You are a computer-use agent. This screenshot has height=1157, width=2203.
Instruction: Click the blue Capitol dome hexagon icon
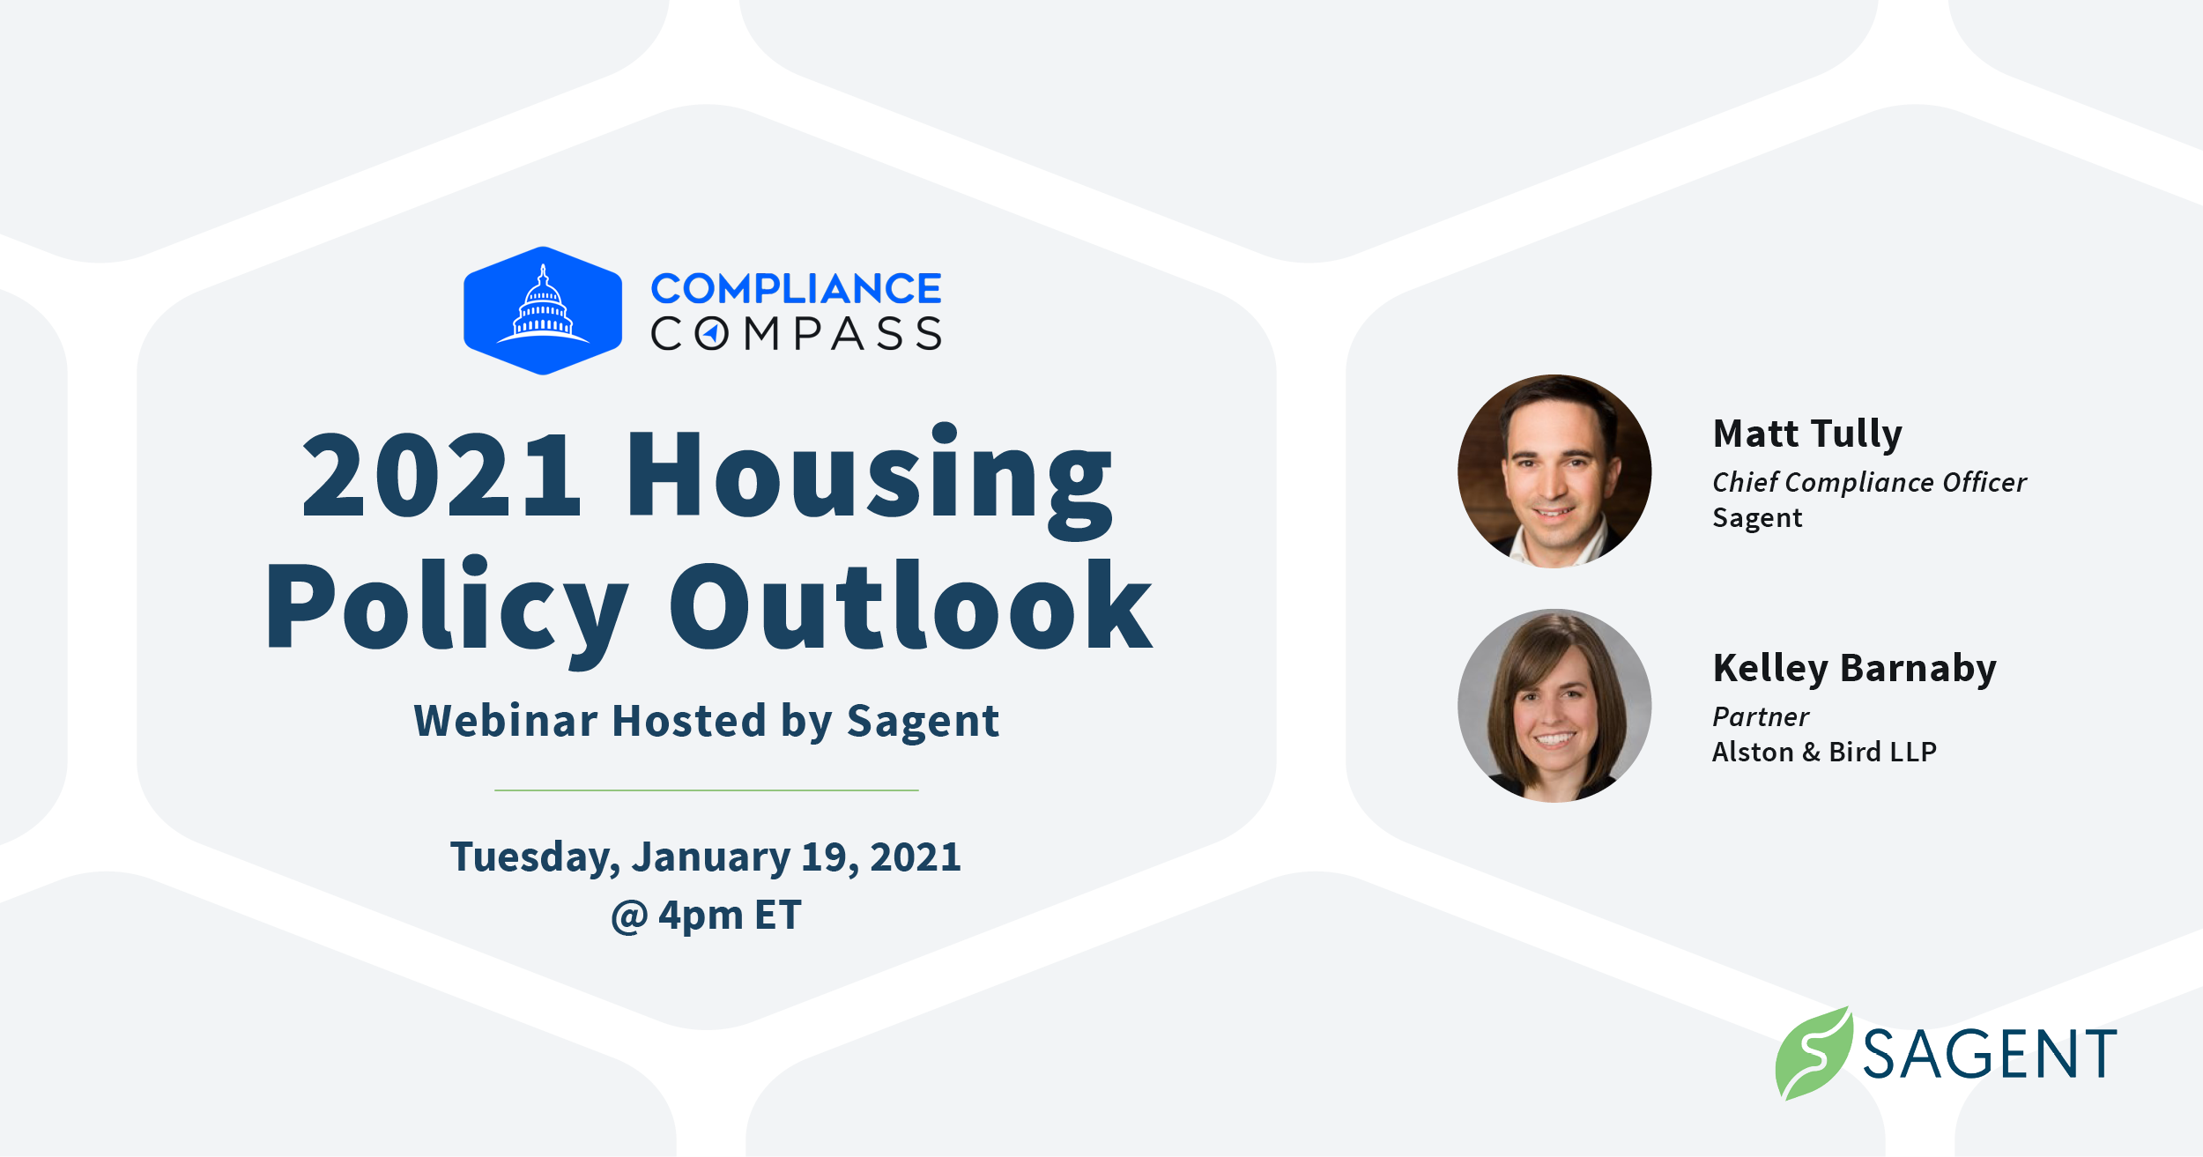click(543, 311)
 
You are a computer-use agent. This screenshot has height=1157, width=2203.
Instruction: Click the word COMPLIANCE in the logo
click(796, 289)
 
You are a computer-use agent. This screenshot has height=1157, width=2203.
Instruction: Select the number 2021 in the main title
click(441, 476)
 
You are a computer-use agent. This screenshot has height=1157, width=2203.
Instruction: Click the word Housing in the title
click(869, 476)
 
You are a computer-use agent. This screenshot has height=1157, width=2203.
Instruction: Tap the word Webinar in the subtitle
click(506, 721)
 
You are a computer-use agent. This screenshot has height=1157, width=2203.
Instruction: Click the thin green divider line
click(706, 790)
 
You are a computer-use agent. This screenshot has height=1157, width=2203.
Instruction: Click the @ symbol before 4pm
click(629, 916)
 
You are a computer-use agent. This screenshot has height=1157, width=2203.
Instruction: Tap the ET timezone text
click(777, 915)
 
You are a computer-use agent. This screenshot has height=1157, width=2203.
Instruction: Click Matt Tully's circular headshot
click(1554, 471)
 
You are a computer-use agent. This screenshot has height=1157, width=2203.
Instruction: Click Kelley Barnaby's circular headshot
click(1554, 706)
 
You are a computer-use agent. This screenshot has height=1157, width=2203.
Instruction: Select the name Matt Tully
click(1807, 434)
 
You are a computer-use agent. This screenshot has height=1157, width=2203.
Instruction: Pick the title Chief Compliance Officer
click(1869, 482)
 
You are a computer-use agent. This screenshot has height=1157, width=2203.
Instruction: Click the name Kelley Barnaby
click(1854, 668)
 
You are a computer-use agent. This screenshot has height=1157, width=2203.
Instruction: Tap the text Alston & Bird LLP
click(1824, 752)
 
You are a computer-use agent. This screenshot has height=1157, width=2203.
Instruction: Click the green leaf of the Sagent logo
click(1814, 1054)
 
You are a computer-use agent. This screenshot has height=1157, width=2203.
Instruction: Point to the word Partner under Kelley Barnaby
click(1760, 716)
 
